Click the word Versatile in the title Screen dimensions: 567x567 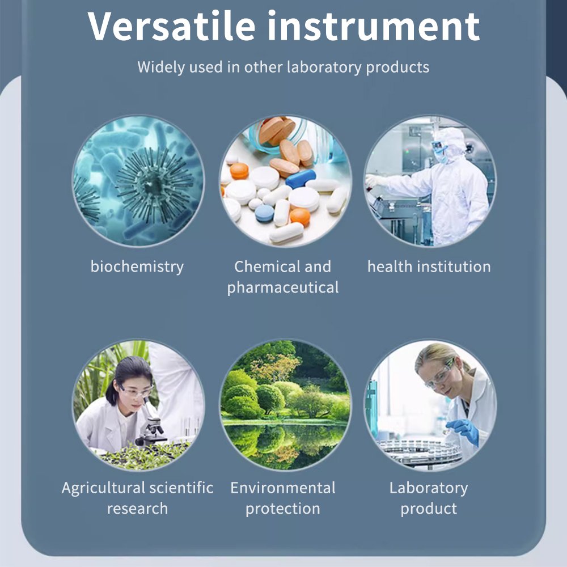(x=171, y=26)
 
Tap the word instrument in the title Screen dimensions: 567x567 (x=374, y=26)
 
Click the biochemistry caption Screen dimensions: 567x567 (x=137, y=267)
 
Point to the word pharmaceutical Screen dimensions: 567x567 (x=283, y=287)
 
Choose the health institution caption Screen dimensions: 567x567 (x=429, y=266)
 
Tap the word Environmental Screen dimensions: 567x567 (x=283, y=488)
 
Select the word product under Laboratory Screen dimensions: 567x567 (x=429, y=509)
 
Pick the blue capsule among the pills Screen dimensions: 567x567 (x=300, y=179)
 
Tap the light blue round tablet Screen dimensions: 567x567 (x=264, y=213)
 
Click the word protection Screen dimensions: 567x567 (x=283, y=509)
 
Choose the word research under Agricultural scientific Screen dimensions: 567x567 (x=137, y=509)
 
